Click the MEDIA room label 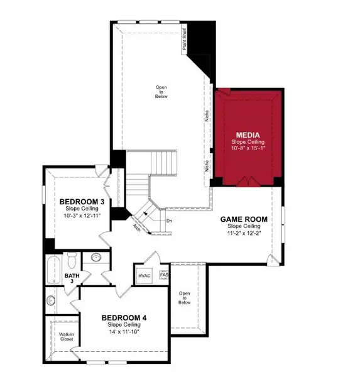(x=248, y=135)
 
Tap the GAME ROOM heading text (x=244, y=219)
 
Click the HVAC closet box (x=145, y=276)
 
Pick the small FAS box (x=165, y=275)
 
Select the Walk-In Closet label (x=67, y=336)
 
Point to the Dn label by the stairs (x=170, y=221)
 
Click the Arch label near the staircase (x=136, y=228)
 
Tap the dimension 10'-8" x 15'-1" (x=248, y=150)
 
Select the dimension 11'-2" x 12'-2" (x=244, y=233)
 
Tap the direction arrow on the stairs (x=146, y=213)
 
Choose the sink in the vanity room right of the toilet (x=96, y=256)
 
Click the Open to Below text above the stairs (x=161, y=91)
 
